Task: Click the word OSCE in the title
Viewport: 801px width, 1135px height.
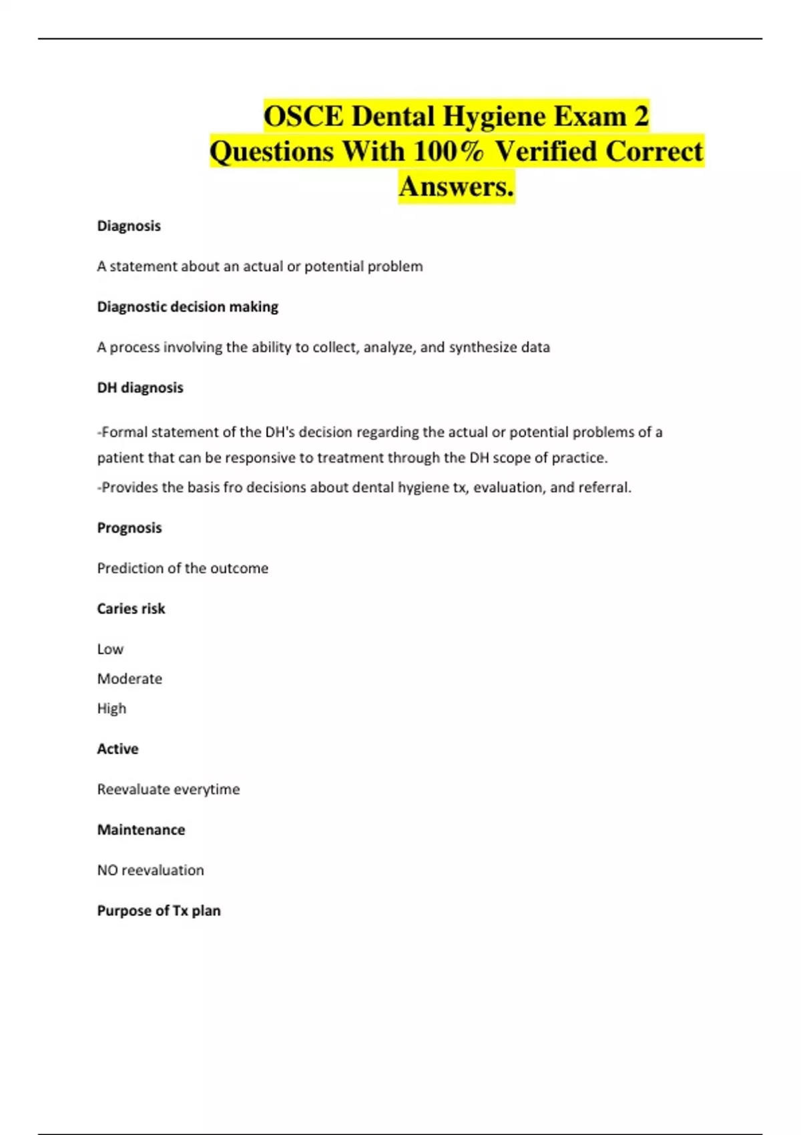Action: pyautogui.click(x=304, y=117)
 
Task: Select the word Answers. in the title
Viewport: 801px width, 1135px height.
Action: pyautogui.click(x=457, y=186)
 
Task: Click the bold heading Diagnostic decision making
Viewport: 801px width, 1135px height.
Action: pyautogui.click(x=188, y=306)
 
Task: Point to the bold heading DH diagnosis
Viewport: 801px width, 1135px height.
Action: pyautogui.click(x=140, y=387)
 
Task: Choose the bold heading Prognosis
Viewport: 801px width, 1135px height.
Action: pyautogui.click(x=129, y=527)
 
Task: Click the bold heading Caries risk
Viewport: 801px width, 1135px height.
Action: pyautogui.click(x=131, y=608)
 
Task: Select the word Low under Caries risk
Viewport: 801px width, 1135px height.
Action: pyautogui.click(x=110, y=649)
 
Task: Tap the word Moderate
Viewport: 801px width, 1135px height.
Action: pyautogui.click(x=129, y=678)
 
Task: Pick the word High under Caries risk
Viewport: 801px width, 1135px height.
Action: pyautogui.click(x=111, y=708)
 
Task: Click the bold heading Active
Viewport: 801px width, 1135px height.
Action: pyautogui.click(x=117, y=748)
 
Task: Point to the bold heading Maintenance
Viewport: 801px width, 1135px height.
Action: pyautogui.click(x=141, y=829)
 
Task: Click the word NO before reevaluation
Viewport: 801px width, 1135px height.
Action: pyautogui.click(x=107, y=870)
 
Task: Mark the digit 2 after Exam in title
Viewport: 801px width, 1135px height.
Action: pyautogui.click(x=641, y=117)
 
